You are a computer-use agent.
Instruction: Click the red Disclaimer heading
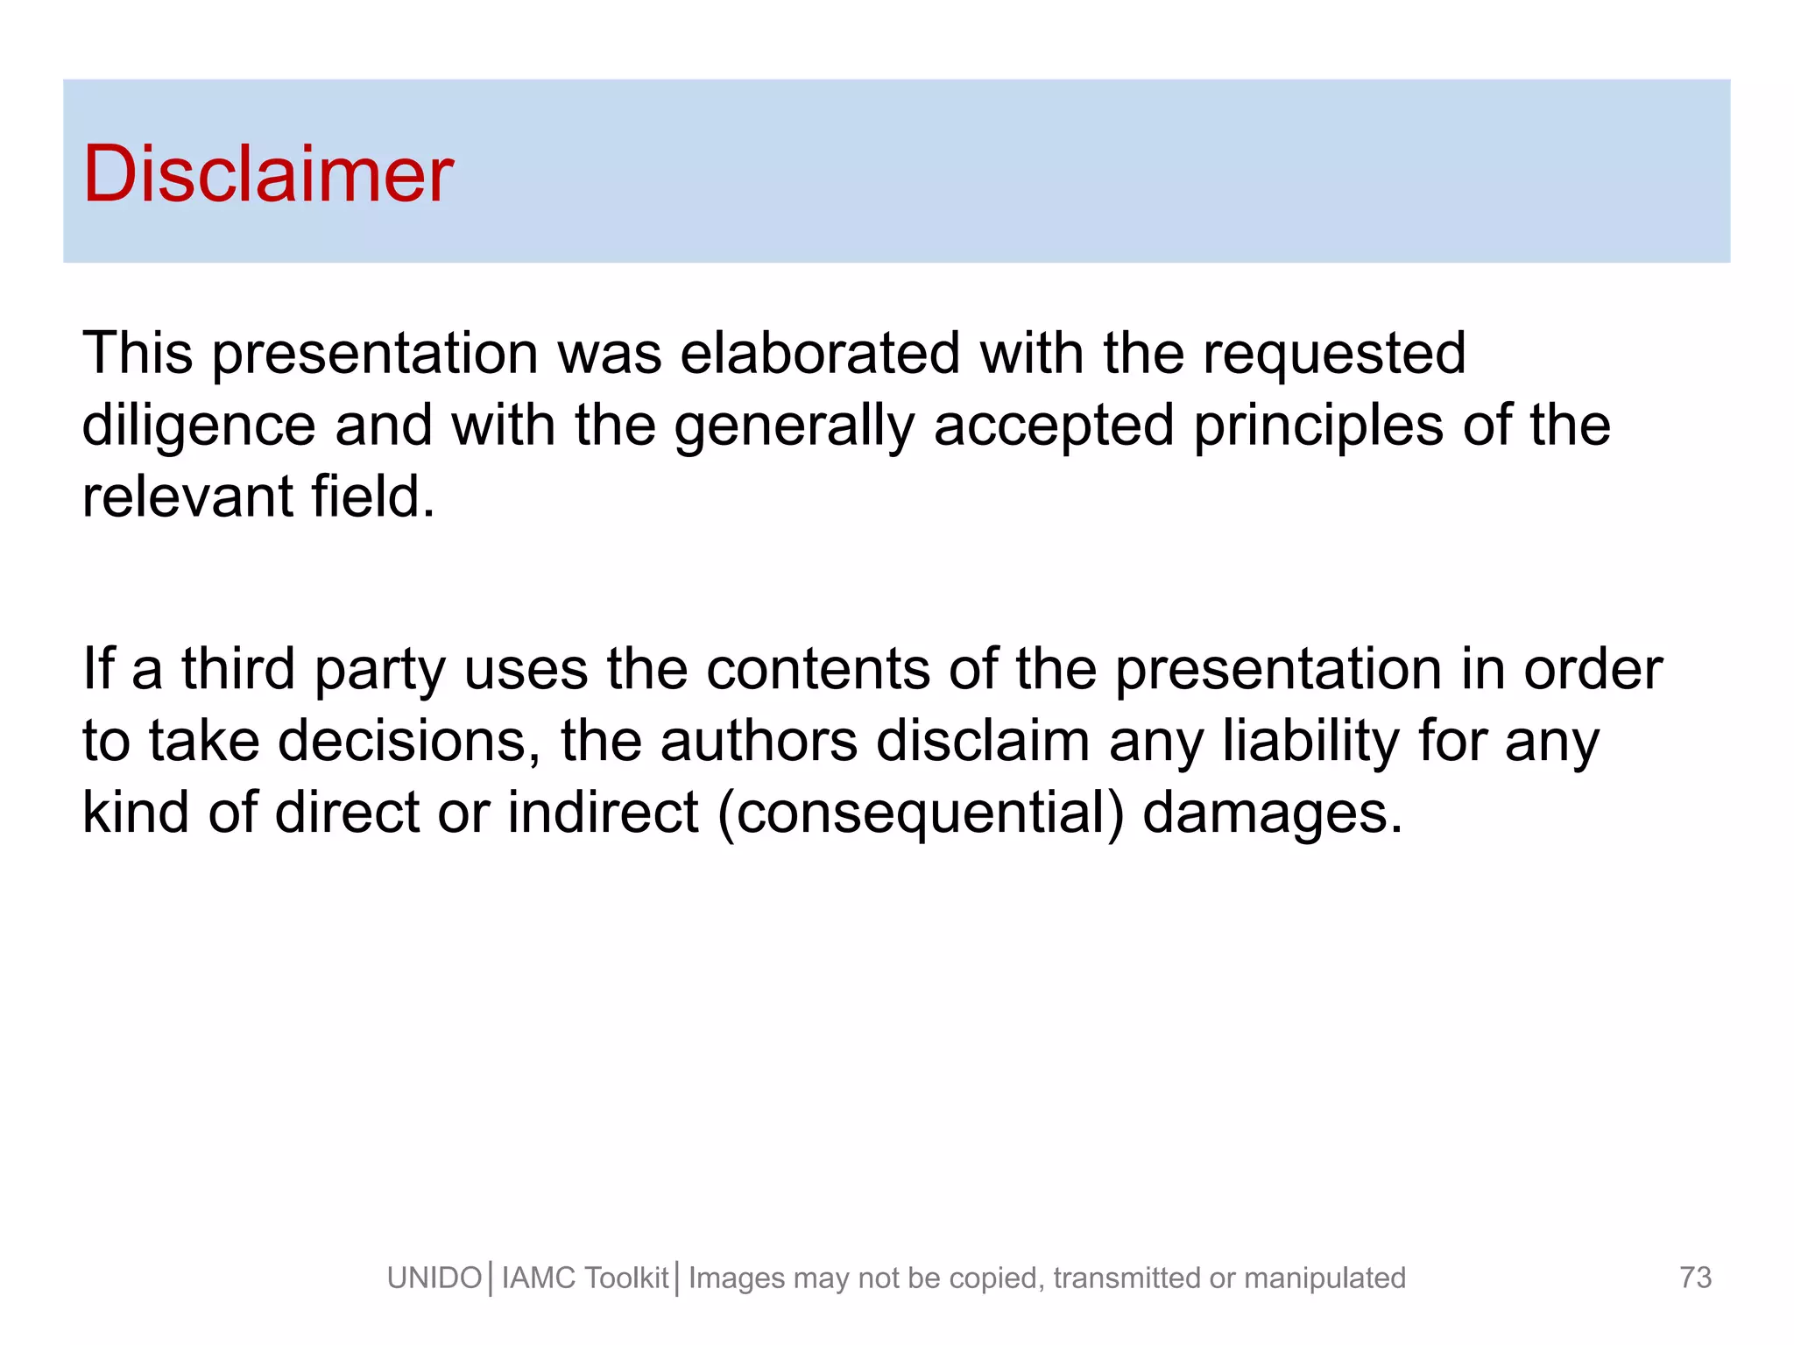267,174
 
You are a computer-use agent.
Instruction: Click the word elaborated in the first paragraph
820,353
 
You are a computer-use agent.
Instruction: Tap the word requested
1333,355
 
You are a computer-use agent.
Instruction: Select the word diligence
198,426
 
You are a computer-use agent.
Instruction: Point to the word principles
1317,426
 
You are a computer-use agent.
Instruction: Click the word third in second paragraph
237,669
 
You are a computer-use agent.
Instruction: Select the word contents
817,669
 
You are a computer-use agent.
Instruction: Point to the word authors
759,741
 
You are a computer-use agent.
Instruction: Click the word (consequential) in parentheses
920,813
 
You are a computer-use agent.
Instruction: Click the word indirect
604,812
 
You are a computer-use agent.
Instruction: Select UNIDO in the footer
434,1278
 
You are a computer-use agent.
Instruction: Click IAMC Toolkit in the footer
584,1278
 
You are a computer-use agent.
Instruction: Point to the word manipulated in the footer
1324,1278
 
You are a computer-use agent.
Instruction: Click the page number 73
1695,1277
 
